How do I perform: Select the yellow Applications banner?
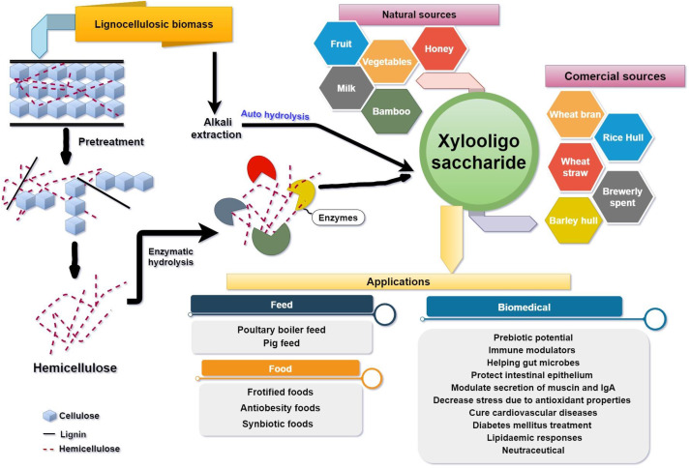[399, 280]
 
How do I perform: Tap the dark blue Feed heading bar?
[282, 305]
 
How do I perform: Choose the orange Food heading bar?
[281, 367]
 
